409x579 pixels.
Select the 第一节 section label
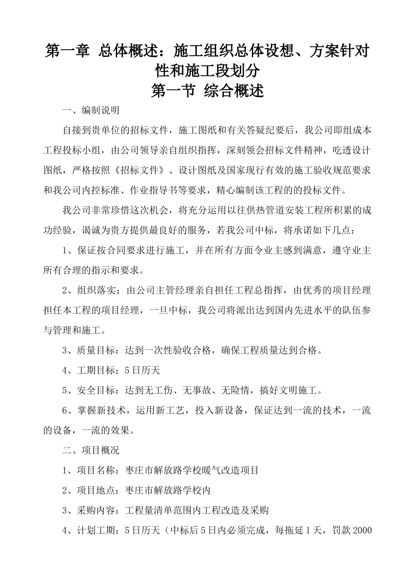(x=170, y=91)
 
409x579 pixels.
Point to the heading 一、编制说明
(x=91, y=110)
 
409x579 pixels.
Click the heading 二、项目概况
(x=91, y=451)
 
